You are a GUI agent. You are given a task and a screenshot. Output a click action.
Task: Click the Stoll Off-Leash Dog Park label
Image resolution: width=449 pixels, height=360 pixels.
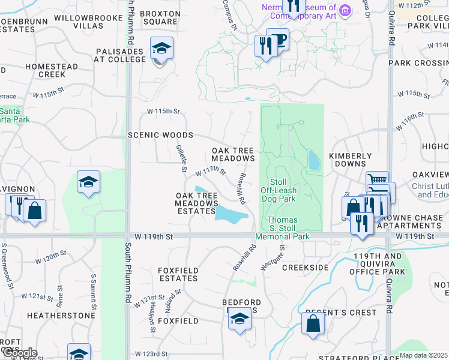(279, 190)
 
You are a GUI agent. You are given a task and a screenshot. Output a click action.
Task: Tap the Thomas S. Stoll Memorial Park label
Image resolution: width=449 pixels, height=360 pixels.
(282, 229)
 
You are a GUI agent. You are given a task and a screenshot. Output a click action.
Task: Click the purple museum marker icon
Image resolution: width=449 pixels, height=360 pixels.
(345, 10)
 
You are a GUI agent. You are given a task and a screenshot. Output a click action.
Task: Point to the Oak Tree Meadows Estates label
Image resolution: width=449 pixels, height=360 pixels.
(196, 203)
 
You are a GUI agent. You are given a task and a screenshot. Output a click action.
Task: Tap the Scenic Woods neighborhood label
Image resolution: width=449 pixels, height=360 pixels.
(160, 136)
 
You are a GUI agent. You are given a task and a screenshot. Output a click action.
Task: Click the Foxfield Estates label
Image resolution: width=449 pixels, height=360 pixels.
(178, 274)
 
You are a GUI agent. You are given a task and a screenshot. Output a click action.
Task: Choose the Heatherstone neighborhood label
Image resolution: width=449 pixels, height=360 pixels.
(61, 316)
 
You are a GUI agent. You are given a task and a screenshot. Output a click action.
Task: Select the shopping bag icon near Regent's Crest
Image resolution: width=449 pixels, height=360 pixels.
(313, 324)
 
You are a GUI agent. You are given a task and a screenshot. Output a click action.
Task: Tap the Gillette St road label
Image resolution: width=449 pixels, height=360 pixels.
(181, 157)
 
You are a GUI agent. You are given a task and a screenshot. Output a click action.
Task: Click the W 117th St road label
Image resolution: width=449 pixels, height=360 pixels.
(210, 172)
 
